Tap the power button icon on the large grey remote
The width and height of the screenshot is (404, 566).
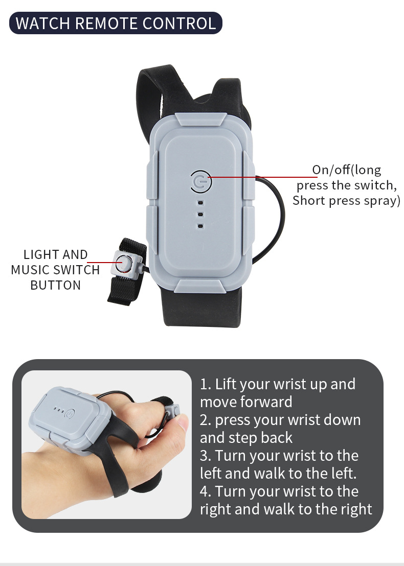pos(201,181)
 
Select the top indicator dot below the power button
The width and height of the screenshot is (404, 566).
pos(200,203)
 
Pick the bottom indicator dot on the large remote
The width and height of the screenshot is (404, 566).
pos(200,226)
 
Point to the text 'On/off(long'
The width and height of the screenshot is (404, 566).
pos(347,170)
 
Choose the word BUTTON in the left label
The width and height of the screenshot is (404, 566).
pos(55,285)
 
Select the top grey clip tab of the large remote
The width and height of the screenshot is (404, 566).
pos(201,120)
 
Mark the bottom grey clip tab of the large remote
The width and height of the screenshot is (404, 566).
pos(201,285)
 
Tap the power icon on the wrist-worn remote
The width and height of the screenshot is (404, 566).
pos(69,414)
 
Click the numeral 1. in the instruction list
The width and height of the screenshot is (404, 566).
pos(206,385)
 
